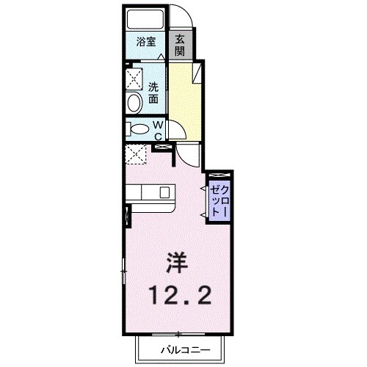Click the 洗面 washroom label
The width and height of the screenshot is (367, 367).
coord(154,92)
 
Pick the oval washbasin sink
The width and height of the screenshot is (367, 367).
coord(136,103)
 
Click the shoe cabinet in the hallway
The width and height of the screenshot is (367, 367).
coord(197,73)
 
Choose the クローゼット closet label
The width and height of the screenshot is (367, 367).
coord(219,196)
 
